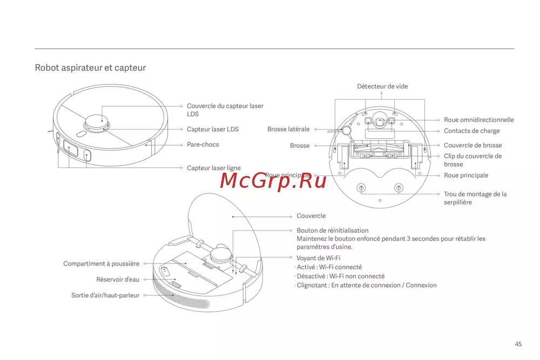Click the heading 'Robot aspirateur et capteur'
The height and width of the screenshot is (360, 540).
point(90,68)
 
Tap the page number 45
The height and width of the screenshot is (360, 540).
point(518,344)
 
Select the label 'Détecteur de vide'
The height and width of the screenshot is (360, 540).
point(382,86)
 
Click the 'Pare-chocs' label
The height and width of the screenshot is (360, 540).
point(202,145)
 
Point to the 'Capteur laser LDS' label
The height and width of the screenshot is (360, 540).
point(212,130)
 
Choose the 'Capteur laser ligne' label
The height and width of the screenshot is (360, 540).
point(213,168)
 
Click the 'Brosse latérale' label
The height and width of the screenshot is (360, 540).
point(288,130)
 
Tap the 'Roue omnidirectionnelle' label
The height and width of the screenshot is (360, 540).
point(478,120)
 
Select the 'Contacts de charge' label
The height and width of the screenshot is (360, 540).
point(471,131)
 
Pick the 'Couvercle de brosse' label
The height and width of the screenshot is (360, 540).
point(473,145)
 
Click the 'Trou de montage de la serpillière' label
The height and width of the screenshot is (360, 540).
point(475,198)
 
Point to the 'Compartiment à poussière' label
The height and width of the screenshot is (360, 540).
point(101,264)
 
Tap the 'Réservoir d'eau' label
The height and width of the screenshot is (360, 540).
point(118,280)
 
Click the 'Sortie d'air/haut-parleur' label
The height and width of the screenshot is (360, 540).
point(105,295)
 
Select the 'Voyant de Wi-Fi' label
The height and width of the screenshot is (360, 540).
point(318,258)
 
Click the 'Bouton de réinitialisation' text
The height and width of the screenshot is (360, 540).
point(332,230)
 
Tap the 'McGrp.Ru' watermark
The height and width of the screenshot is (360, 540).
point(273,181)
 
